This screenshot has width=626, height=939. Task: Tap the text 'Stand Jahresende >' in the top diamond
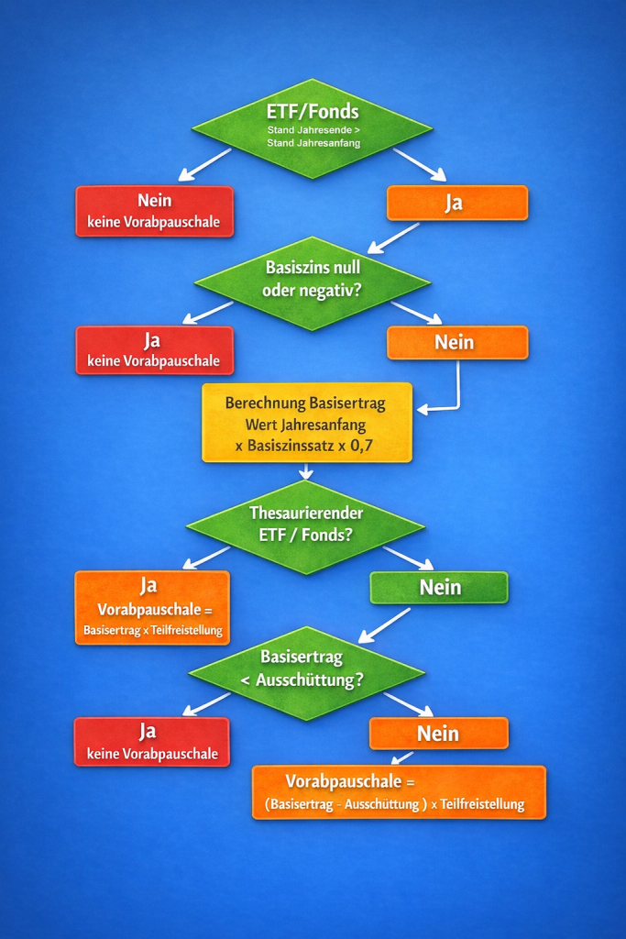click(313, 130)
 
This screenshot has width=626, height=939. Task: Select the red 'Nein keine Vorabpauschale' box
click(154, 212)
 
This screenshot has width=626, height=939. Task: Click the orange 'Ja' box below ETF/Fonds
click(456, 203)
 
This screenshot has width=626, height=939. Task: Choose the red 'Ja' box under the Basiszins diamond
click(154, 350)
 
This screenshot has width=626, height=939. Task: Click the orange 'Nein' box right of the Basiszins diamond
click(456, 342)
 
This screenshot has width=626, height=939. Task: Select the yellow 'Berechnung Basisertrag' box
click(306, 423)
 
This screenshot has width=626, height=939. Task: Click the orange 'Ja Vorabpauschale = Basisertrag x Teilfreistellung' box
click(151, 607)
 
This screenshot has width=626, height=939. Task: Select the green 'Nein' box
click(438, 588)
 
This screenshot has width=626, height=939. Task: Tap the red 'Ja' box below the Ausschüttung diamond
click(151, 742)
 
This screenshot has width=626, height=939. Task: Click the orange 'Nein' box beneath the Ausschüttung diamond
click(438, 734)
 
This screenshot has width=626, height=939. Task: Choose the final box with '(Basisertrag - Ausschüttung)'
click(399, 792)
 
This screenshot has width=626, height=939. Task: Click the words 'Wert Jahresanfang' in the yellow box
click(306, 425)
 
